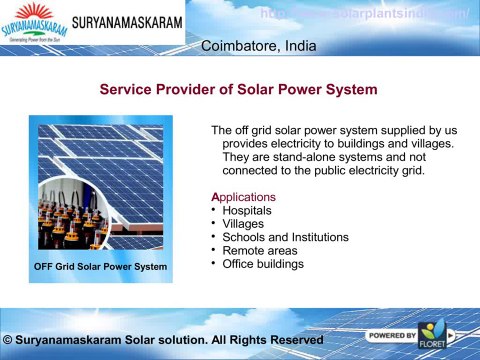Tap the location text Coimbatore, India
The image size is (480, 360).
click(259, 47)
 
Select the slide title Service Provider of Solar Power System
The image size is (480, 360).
click(239, 90)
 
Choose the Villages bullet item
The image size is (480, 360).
click(244, 224)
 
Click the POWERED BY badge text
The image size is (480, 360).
click(392, 335)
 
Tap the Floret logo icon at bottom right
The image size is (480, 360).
click(436, 337)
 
